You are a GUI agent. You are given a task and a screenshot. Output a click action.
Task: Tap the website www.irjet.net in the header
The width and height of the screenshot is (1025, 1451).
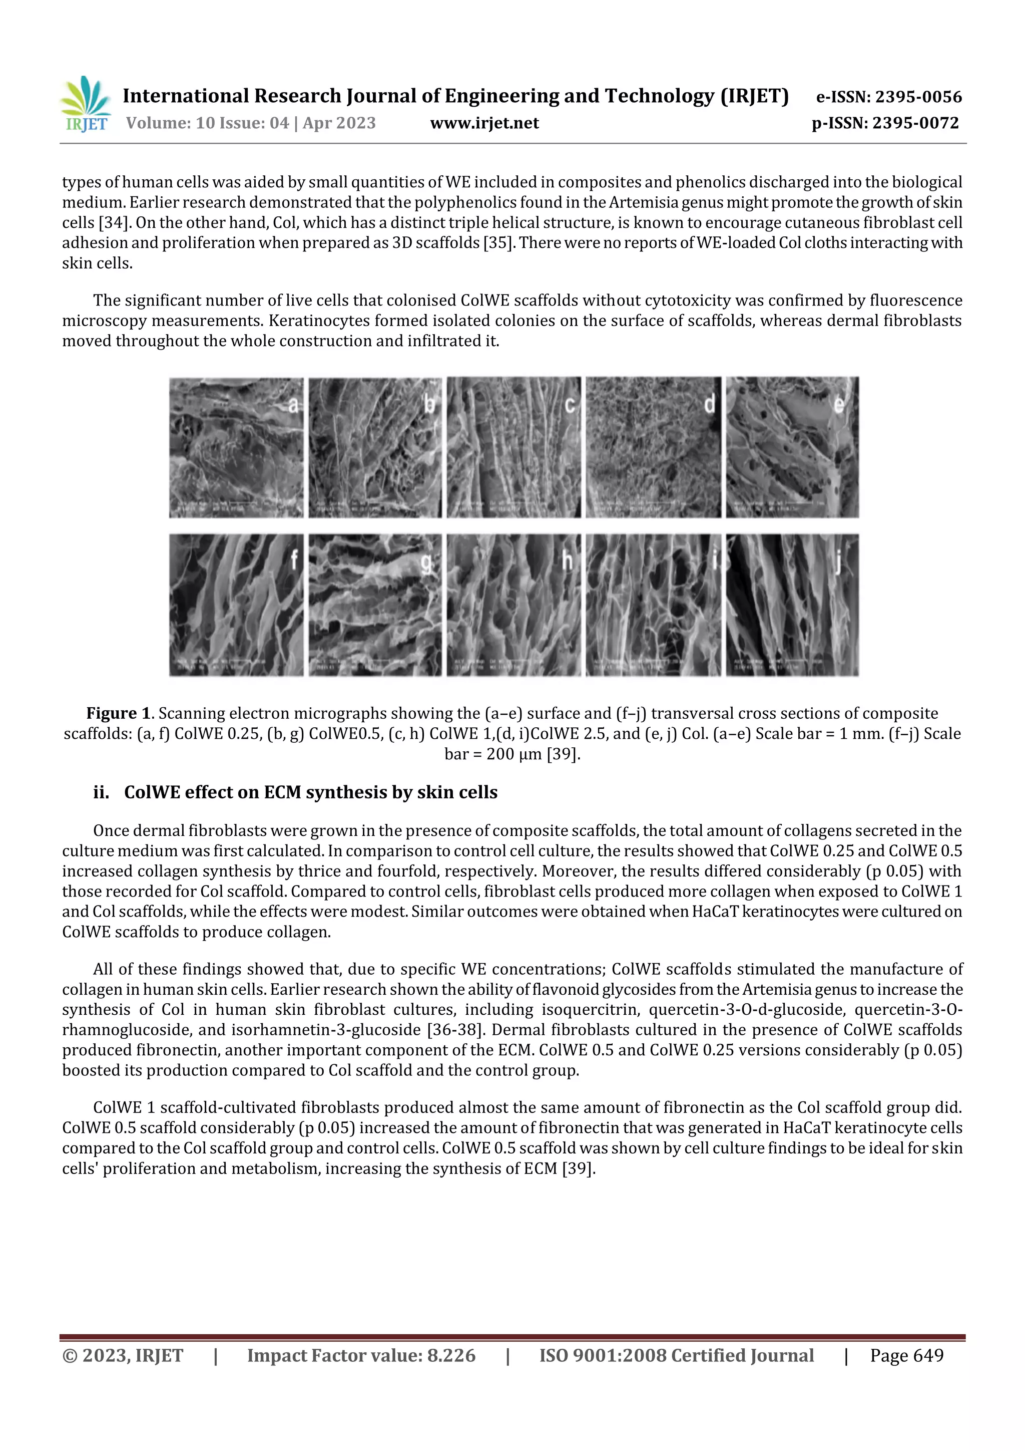484,123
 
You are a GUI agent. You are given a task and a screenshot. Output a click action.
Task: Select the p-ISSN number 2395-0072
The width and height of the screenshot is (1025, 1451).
915,123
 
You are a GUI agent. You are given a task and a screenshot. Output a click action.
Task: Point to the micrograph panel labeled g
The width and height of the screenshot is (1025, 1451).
375,605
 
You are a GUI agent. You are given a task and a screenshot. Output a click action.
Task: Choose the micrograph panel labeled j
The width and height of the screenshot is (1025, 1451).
792,605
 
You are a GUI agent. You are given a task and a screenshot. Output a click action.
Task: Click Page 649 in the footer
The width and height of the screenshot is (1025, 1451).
906,1355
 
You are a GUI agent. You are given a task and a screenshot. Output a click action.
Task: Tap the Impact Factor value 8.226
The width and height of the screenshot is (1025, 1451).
451,1355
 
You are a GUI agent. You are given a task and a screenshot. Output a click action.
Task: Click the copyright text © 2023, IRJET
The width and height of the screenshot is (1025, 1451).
123,1355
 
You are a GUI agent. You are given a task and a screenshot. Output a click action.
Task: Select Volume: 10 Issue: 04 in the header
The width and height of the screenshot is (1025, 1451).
207,123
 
